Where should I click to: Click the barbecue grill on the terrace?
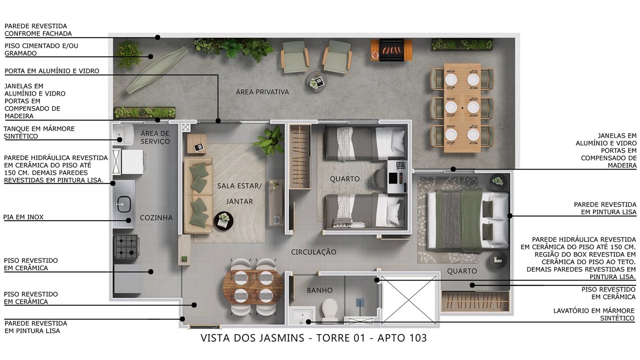click(391, 49)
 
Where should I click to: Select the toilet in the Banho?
click(329, 310)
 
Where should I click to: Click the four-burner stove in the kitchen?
click(126, 246)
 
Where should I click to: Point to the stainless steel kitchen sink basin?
click(125, 203)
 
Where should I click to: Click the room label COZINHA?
click(156, 218)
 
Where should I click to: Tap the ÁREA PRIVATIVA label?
click(262, 92)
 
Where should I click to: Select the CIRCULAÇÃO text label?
click(313, 252)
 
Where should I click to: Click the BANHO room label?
click(320, 290)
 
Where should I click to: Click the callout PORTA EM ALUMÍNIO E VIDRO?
click(52, 71)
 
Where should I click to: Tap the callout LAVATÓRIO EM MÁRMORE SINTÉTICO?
click(594, 314)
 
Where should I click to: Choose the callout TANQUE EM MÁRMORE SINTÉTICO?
click(39, 132)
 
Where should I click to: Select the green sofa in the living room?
click(198, 195)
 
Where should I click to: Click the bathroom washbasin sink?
click(302, 315)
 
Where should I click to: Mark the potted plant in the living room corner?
click(270, 140)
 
